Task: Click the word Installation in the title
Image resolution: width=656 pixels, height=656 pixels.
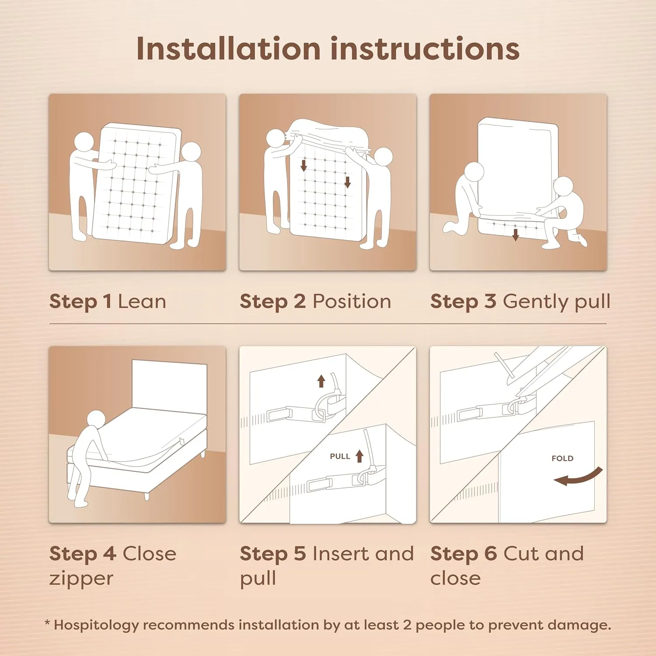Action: point(229,49)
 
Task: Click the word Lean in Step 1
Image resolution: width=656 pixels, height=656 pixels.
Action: point(142,302)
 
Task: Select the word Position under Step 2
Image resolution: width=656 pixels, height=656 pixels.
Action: point(352,302)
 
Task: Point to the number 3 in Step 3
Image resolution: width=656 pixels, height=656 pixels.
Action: point(490,302)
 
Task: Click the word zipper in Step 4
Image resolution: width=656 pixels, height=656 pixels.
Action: point(81,579)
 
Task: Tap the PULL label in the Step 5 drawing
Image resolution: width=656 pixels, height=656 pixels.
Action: point(340,456)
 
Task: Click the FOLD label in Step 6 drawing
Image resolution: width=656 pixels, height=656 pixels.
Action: point(562,458)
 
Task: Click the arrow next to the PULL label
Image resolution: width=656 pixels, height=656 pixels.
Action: point(359,456)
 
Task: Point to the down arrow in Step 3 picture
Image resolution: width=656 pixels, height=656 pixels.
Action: point(516,234)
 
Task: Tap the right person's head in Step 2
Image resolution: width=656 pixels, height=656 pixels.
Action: point(384,157)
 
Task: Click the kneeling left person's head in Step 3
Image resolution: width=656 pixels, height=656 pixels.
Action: point(474,171)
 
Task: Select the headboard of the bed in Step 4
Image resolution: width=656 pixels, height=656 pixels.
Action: point(169,385)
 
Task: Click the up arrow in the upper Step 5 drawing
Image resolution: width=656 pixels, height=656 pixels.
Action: point(321,381)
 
